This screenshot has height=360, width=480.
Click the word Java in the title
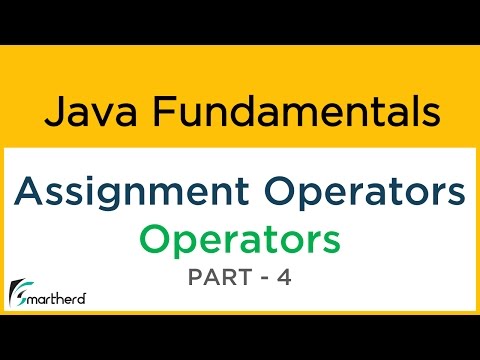click(83, 112)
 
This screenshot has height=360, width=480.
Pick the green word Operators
click(239, 240)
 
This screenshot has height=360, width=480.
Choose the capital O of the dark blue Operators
click(274, 190)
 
